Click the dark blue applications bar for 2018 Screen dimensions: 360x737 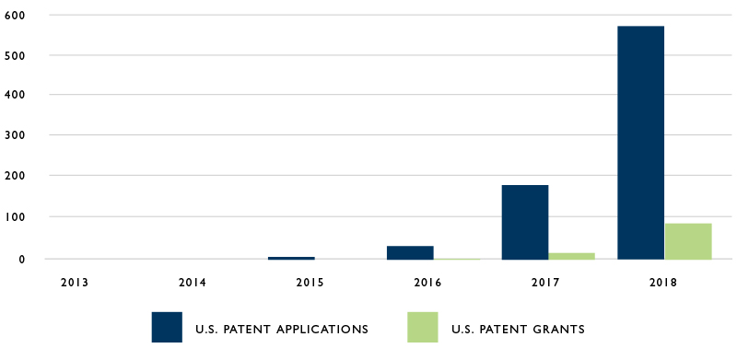pos(640,143)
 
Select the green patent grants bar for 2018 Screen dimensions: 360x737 pos(688,241)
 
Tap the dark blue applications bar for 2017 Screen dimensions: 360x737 pos(525,222)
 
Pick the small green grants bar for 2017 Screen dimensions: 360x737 pos(572,255)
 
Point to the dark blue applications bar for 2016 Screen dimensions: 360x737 pos(410,252)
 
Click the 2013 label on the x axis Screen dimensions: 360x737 pos(75,282)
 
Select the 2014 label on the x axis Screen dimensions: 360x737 pos(192,282)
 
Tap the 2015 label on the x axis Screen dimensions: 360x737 pos(310,282)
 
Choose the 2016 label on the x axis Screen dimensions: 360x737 pos(427,282)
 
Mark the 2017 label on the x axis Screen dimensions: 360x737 pos(545,282)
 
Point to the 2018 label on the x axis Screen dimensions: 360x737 pos(662,282)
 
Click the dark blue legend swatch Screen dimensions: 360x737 pos(167,328)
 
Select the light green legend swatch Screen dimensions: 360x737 pos(422,328)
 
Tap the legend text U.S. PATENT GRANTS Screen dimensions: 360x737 pos(518,329)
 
